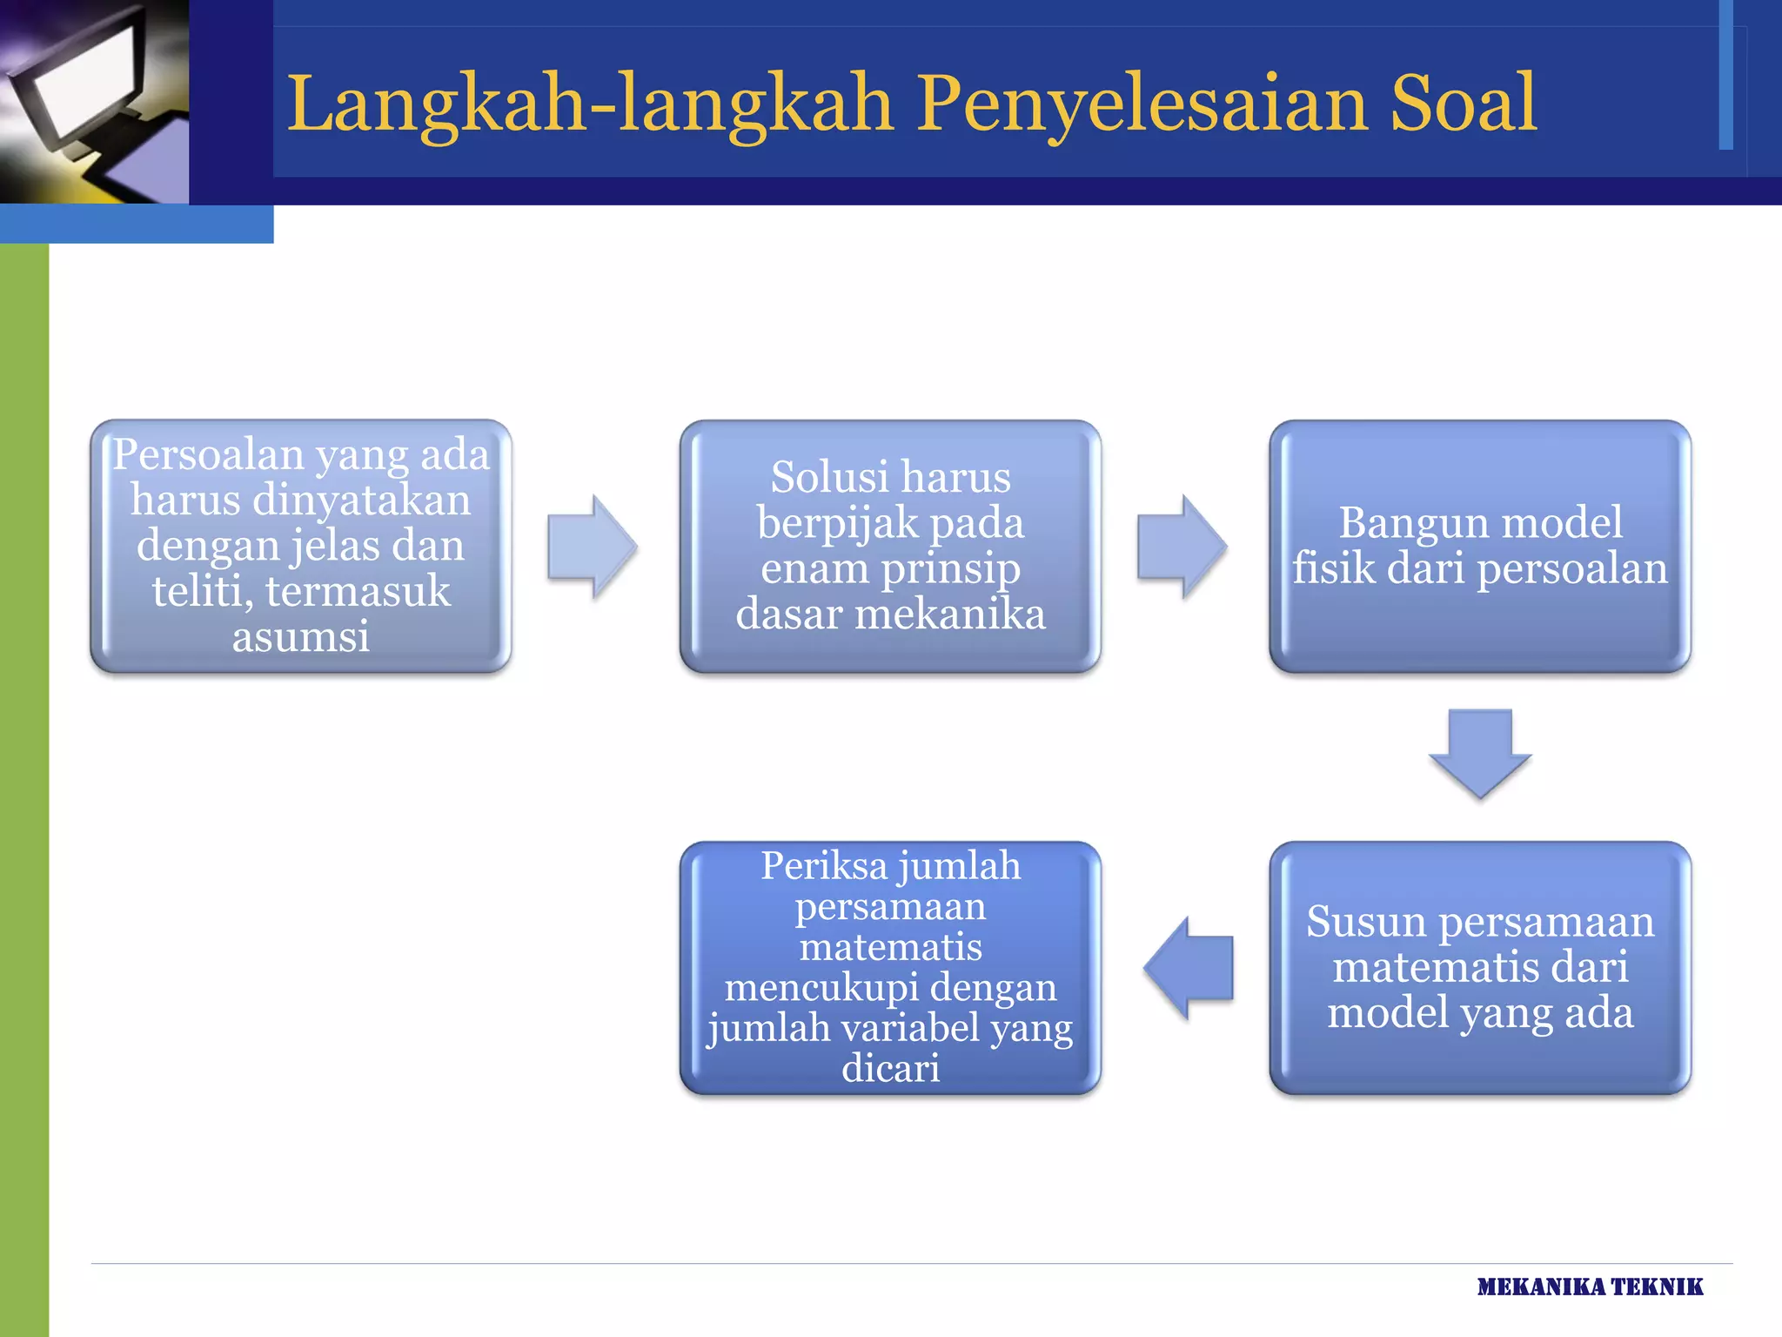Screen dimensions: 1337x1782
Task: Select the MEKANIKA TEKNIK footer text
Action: [x=1590, y=1287]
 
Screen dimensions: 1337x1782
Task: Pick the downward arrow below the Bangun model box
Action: [x=1480, y=754]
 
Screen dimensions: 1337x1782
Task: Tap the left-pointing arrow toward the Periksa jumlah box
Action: [x=1189, y=968]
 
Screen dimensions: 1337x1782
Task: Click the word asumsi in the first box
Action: [x=301, y=636]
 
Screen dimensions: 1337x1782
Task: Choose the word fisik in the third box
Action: [x=1333, y=568]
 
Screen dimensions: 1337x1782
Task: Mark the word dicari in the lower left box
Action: [x=890, y=1068]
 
